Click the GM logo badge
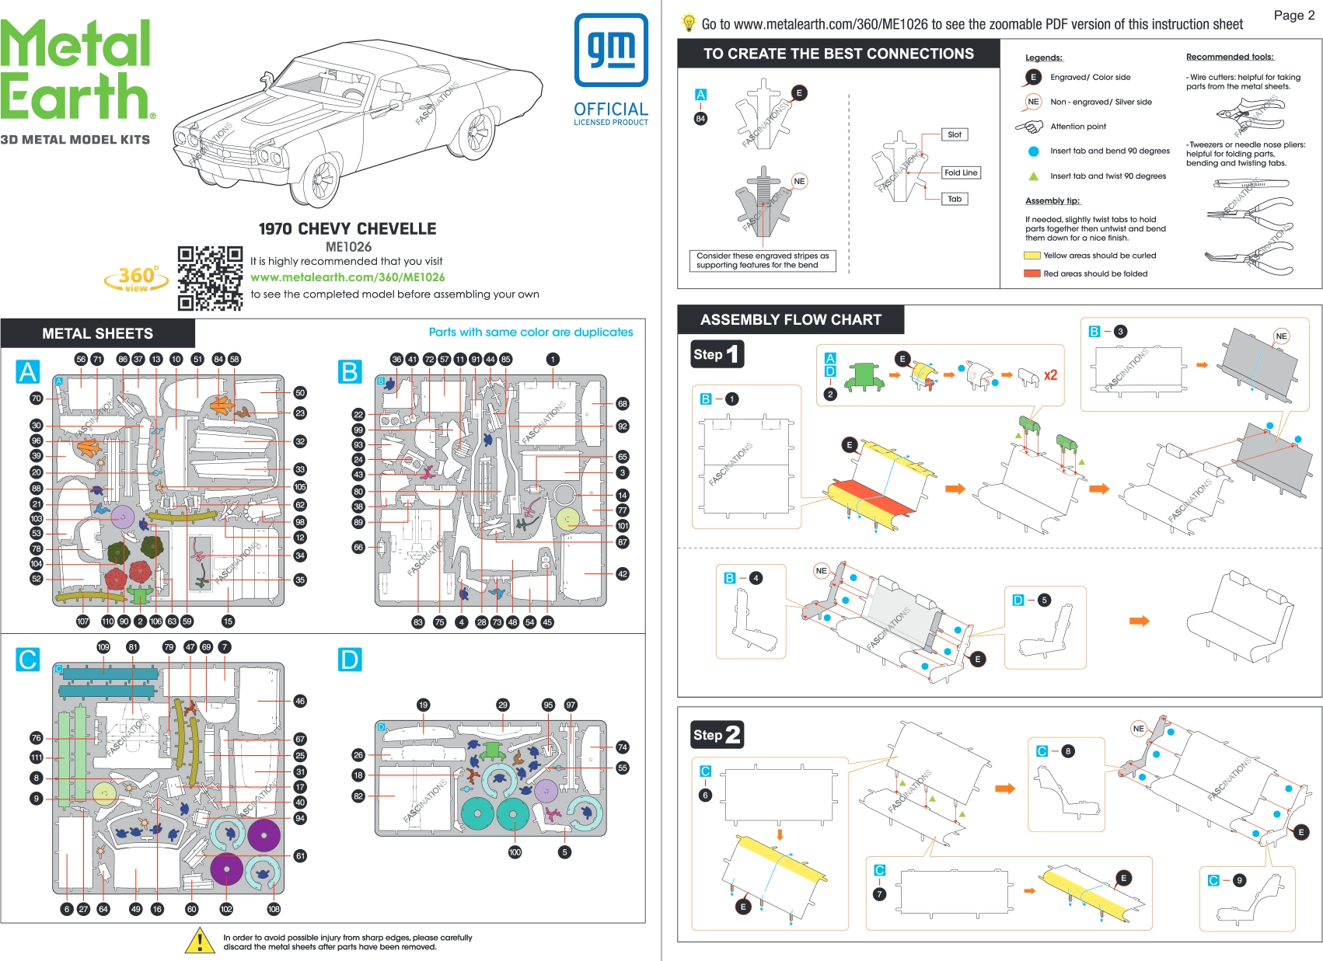tap(611, 50)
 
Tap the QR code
tap(210, 278)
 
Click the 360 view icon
tap(137, 279)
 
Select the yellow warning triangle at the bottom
tap(200, 941)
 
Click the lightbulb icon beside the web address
tap(688, 23)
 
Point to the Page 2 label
tap(1293, 15)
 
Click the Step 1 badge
tap(717, 354)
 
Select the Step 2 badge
tap(717, 734)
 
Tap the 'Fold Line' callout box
tap(961, 172)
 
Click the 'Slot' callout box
tap(955, 134)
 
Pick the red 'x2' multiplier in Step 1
tap(1050, 375)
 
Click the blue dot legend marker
tap(1033, 151)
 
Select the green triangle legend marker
tap(1033, 176)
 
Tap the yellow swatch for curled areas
tap(1032, 256)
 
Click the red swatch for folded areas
tap(1032, 273)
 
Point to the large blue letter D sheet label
tap(349, 660)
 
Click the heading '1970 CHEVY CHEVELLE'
tap(347, 228)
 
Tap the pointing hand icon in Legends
tap(1030, 126)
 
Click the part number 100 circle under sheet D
tap(515, 852)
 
